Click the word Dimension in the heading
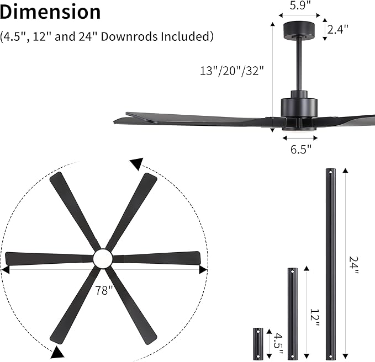click(51, 12)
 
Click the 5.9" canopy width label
click(300, 6)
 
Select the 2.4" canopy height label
click(337, 29)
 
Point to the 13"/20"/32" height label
click(233, 70)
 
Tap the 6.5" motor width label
click(300, 148)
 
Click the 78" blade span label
click(103, 291)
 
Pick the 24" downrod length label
click(354, 265)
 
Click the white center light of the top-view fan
click(102, 258)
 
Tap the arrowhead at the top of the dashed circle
click(136, 163)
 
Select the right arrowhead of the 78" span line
click(203, 269)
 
